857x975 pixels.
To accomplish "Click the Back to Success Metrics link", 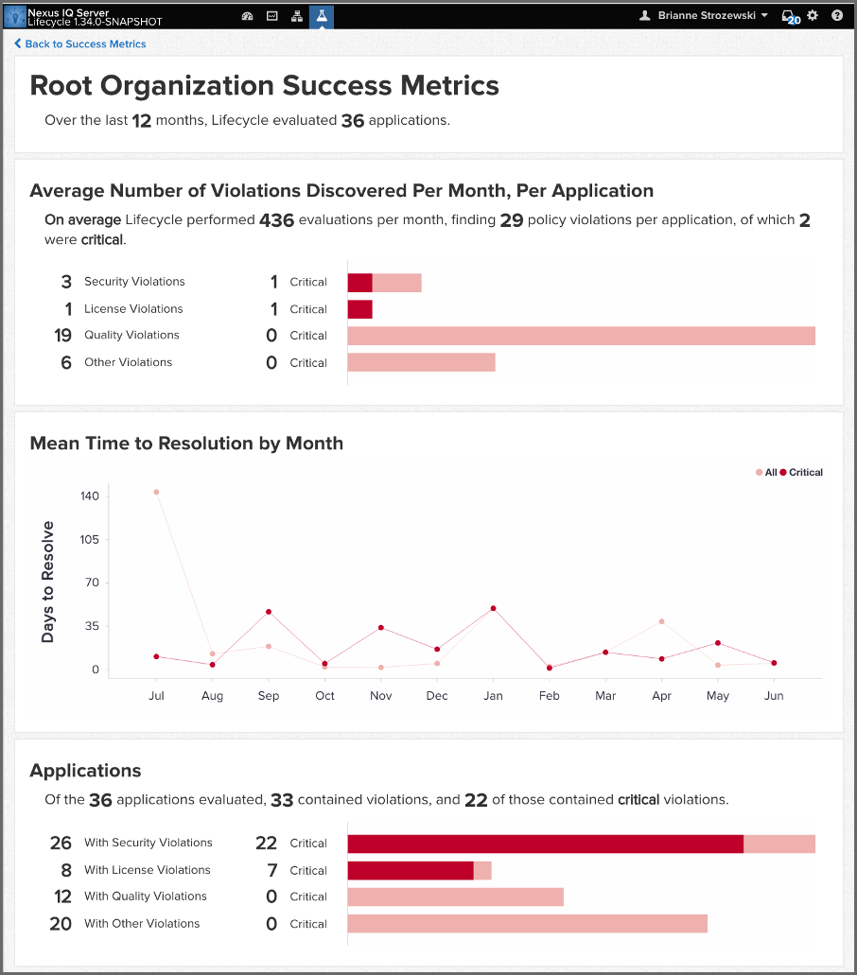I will pos(85,44).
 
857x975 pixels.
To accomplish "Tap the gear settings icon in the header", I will pos(812,16).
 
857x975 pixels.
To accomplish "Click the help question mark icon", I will pos(837,16).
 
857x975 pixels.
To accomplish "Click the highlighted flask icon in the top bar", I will pos(322,16).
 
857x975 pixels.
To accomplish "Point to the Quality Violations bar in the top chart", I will pos(581,336).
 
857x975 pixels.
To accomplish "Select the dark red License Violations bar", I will pos(359,309).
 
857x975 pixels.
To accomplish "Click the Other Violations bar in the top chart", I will pos(421,362).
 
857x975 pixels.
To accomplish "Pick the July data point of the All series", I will pos(156,492).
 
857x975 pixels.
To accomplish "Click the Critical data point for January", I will pos(493,608).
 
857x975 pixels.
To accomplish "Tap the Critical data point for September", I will pos(269,612).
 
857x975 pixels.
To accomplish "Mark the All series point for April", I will pos(661,621).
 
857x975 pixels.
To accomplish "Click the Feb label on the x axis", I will pos(549,696).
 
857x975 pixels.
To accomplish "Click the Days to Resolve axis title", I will pos(48,582).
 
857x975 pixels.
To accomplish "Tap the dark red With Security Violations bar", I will pos(545,844).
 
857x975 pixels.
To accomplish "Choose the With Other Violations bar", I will pos(527,924).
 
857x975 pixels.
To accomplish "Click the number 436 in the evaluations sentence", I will pos(276,220).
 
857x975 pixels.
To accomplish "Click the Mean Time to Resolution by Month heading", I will pos(186,443).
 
